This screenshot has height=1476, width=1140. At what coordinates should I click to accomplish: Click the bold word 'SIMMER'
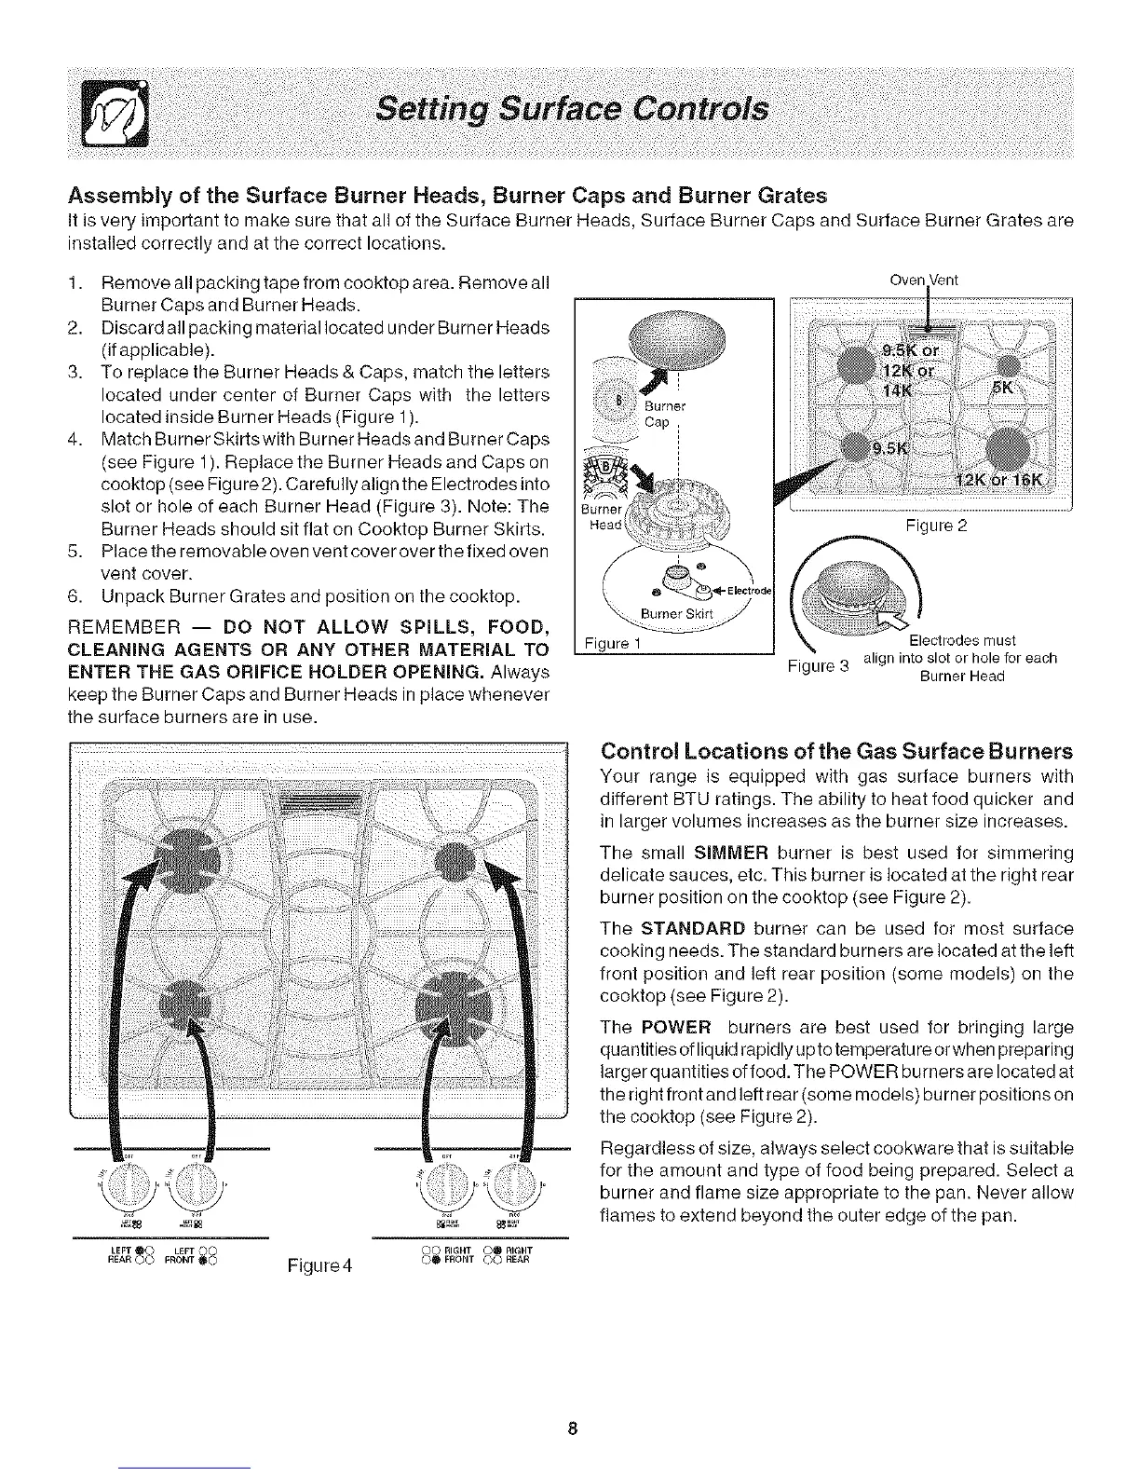click(x=726, y=853)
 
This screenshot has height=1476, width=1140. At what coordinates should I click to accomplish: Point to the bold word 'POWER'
click(x=675, y=1027)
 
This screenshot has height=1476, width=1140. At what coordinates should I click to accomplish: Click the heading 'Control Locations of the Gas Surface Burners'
click(x=837, y=751)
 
